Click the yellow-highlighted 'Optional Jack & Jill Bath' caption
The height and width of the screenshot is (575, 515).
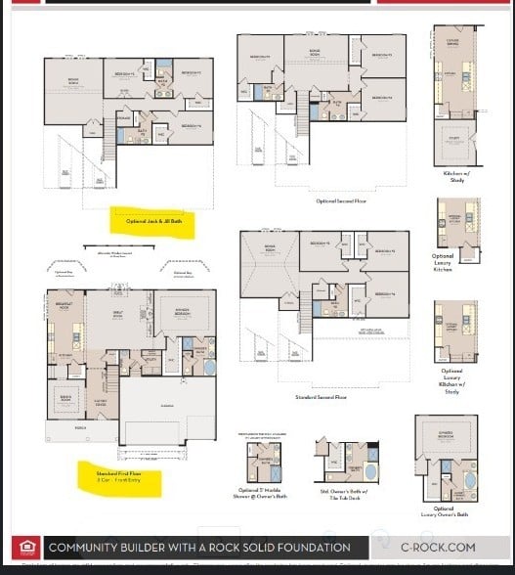(153, 222)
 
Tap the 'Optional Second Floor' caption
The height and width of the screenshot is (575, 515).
(340, 200)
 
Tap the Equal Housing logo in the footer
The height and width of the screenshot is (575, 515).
(23, 548)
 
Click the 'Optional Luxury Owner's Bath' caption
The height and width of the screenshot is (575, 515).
(445, 510)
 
